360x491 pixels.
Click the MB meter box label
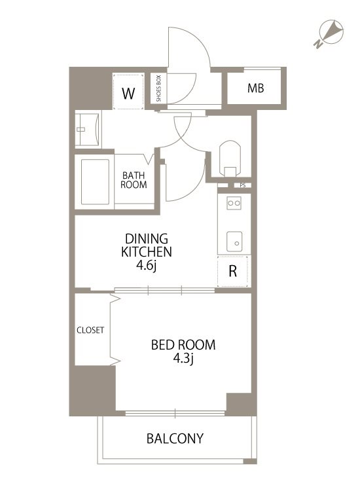255,88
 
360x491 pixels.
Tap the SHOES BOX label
158,88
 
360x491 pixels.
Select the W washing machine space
128,92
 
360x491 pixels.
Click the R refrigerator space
232,271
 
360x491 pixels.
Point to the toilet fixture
230,158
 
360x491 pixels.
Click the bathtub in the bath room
95,182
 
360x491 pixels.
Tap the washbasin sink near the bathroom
88,130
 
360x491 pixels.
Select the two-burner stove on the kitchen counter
234,203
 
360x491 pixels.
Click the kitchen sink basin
234,242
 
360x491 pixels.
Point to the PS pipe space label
243,185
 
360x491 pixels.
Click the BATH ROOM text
134,180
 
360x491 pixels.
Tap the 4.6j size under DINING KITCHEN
146,266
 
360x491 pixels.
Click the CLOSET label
90,330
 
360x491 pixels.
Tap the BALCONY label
175,439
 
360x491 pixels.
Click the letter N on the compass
318,44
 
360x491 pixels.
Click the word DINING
147,239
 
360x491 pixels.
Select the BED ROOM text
183,345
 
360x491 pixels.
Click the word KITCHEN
147,252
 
